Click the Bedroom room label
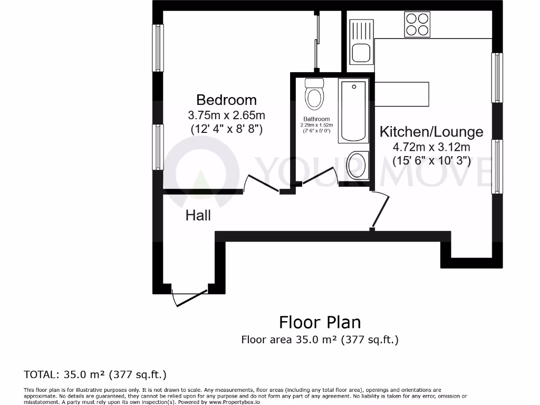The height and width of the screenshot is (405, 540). point(226,100)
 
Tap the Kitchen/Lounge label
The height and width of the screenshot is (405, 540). point(431,131)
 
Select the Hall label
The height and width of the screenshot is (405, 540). point(198,215)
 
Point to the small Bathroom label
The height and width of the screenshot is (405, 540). point(316,119)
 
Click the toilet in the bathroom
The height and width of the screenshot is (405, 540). point(315,94)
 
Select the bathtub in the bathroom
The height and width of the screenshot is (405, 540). point(355,111)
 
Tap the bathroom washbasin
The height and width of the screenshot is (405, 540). point(359,164)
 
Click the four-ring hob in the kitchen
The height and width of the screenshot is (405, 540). point(417,24)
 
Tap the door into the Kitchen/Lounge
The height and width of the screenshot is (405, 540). point(381,210)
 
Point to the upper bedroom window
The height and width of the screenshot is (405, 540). point(158,47)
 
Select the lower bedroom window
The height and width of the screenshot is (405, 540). point(158,147)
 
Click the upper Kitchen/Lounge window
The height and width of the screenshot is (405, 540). point(497,78)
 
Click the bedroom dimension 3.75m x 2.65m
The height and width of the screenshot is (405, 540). point(226,114)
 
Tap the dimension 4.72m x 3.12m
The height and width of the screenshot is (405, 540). point(431,147)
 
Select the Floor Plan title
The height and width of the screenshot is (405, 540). point(320,322)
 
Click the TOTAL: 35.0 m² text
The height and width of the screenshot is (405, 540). point(95,375)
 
